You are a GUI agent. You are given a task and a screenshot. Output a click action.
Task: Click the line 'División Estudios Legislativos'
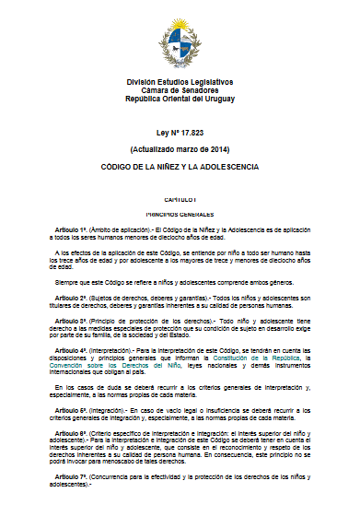pyautogui.click(x=180, y=82)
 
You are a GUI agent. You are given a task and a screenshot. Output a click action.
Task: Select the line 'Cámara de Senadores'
pyautogui.click(x=180, y=89)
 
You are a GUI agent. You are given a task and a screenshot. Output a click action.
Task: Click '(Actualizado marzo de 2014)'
pyautogui.click(x=180, y=148)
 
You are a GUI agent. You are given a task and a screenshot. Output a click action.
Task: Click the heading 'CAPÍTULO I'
pyautogui.click(x=180, y=200)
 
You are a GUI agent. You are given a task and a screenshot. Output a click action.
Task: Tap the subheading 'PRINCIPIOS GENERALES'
pyautogui.click(x=180, y=211)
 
